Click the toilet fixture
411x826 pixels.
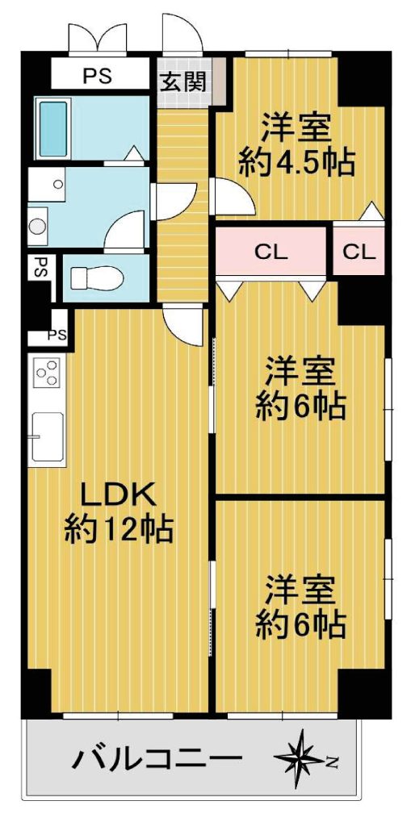97,277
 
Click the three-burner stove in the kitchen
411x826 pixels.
47,372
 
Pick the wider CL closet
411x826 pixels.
271,252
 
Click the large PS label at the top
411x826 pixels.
99,76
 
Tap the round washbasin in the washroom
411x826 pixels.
37,227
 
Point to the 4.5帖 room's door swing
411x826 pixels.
232,197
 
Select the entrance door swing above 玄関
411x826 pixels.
182,33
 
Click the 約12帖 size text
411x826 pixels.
120,531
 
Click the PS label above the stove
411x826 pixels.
57,335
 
